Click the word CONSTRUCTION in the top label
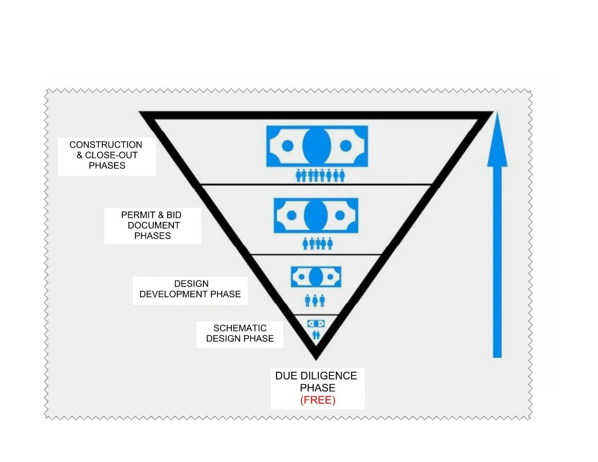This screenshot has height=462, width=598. point(106,145)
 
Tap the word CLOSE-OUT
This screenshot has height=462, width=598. point(111,155)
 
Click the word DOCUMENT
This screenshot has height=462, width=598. point(154,226)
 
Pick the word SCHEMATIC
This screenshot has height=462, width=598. point(240,328)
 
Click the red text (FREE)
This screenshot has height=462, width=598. point(318,400)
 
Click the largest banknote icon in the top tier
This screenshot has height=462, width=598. point(317,146)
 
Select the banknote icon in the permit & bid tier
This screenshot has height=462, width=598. point(316,215)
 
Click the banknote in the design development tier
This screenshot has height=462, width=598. point(316,277)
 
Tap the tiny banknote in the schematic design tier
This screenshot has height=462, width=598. point(316,323)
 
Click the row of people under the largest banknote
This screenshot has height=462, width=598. point(320,175)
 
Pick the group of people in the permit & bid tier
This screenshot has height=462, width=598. point(318,243)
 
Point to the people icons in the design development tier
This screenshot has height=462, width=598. point(315,300)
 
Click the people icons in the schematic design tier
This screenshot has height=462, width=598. point(316,335)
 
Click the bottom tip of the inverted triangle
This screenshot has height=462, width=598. point(316,356)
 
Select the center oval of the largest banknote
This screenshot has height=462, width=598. point(316,145)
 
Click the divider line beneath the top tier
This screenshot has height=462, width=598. point(316,185)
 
